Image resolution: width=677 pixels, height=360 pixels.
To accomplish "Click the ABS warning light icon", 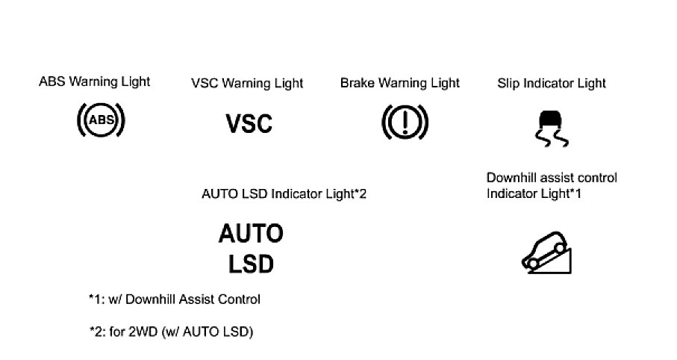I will (x=102, y=120).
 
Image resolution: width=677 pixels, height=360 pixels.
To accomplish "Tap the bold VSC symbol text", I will (x=249, y=123).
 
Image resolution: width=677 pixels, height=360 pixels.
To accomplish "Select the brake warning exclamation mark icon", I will (x=404, y=121).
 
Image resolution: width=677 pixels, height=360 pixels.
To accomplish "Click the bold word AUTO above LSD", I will (x=251, y=234).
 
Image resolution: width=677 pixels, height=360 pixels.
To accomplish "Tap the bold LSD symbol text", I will (x=251, y=264).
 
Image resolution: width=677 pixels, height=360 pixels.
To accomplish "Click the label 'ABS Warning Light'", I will (x=94, y=81).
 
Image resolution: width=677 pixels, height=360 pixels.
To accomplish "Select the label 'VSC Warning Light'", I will (x=247, y=83).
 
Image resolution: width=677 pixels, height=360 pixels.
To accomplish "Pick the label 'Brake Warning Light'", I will (x=400, y=82).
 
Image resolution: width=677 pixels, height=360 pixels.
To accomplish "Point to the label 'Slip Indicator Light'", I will (x=552, y=83).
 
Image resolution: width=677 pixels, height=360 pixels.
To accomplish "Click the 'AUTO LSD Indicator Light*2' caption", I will (x=284, y=194).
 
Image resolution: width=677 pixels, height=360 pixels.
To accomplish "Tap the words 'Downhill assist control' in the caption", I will (x=552, y=178).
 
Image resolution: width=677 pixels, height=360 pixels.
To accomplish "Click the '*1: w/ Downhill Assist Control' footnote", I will (x=175, y=300).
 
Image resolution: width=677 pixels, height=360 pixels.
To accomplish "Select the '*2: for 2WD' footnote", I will (x=172, y=332).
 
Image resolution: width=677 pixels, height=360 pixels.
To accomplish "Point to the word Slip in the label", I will (x=508, y=83).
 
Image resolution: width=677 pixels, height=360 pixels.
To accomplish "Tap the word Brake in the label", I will (x=357, y=82).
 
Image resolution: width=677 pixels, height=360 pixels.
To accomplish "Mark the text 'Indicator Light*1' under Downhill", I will (x=534, y=194).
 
